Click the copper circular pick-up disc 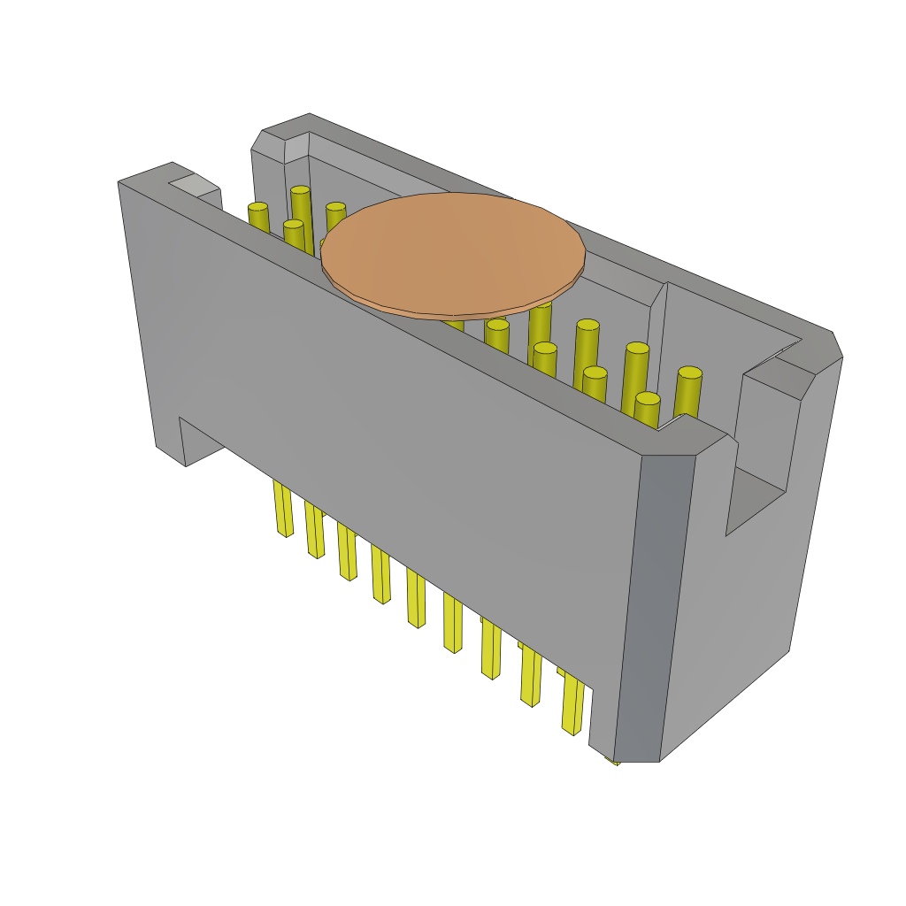[x=452, y=254]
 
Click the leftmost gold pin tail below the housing [x=283, y=509]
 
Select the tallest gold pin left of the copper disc [x=301, y=212]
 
